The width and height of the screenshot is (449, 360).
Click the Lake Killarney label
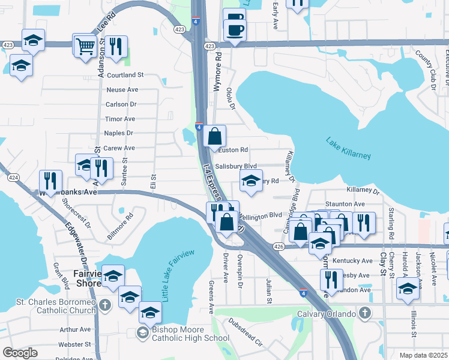[348, 148]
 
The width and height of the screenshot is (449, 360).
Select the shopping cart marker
[86, 45]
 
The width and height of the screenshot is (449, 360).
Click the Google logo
[20, 353]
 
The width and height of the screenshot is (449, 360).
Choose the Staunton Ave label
[345, 205]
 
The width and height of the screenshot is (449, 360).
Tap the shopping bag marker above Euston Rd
[214, 136]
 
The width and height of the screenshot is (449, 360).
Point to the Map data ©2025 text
[424, 355]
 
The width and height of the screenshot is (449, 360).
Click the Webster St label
[74, 344]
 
